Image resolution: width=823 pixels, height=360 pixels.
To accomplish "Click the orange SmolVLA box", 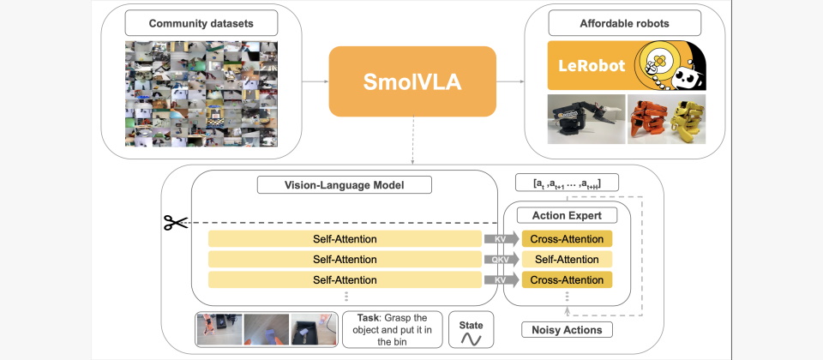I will (412, 81).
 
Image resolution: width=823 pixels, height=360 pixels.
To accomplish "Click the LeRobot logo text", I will (592, 66).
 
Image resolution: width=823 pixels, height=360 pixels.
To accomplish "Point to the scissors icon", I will (176, 223).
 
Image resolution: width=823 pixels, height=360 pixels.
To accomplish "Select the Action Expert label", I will (567, 215).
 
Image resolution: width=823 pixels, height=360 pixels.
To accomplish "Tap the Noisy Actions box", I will (566, 330).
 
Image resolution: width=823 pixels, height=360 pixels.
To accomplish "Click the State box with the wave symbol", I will (472, 332).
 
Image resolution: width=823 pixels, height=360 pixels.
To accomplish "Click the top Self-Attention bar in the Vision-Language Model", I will (345, 239).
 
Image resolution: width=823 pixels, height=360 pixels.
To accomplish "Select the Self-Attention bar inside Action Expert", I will (567, 260).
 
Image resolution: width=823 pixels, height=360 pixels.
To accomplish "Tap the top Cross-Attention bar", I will (567, 239).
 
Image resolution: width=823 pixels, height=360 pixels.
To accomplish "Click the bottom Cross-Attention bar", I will (567, 279).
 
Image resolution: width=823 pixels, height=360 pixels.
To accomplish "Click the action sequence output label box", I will (566, 183).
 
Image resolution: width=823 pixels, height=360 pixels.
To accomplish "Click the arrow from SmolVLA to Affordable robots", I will (512, 82).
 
